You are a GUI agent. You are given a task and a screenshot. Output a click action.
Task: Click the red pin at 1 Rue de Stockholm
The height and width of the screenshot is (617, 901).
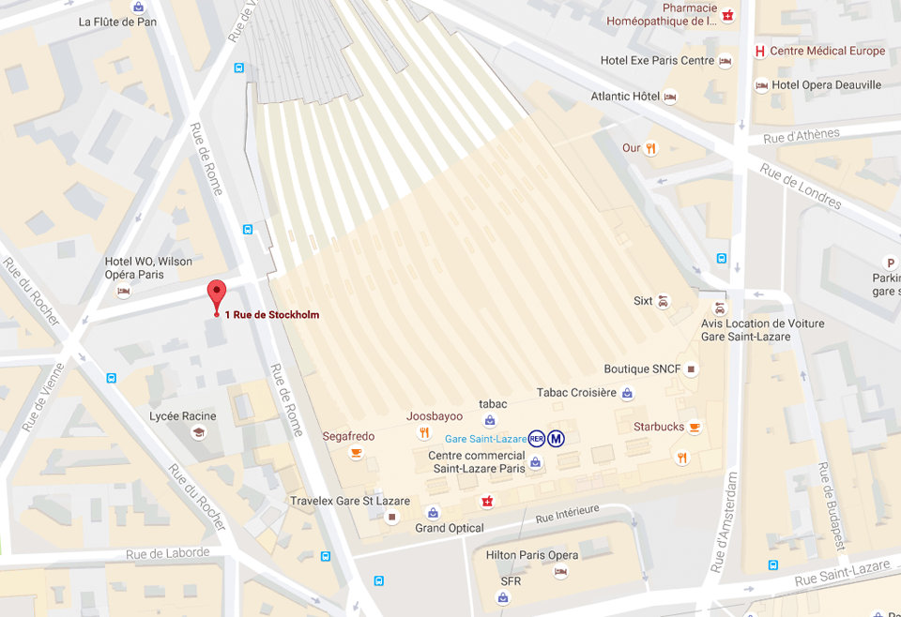(x=217, y=294)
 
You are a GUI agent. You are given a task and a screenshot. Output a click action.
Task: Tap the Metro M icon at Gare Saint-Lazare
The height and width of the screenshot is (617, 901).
(x=557, y=438)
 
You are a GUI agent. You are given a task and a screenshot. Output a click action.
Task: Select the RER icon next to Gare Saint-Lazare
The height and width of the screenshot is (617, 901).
(x=536, y=438)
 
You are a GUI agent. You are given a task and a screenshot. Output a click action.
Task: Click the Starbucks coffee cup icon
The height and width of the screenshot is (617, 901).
(x=695, y=428)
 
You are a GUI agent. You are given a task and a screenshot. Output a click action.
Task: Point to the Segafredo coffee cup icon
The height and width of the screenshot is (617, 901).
(x=356, y=453)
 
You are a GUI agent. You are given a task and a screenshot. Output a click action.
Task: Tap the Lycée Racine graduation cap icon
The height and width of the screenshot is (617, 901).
(x=198, y=432)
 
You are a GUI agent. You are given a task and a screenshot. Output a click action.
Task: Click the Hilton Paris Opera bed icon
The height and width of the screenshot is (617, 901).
(x=561, y=571)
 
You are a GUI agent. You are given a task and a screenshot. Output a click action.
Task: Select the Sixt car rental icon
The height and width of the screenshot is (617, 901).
(x=664, y=301)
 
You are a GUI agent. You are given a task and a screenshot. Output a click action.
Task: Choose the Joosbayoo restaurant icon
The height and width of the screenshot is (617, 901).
(x=424, y=432)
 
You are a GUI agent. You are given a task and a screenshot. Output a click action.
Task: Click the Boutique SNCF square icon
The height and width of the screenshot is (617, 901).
(x=692, y=369)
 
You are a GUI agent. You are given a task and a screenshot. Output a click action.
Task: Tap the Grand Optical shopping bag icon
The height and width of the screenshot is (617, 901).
(x=433, y=512)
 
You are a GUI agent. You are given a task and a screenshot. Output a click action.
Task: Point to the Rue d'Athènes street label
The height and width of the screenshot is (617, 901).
(x=802, y=136)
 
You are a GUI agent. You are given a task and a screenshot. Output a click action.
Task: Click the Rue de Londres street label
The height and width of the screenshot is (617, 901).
(x=801, y=188)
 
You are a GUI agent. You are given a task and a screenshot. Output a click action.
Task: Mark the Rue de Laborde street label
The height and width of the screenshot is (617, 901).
(x=167, y=553)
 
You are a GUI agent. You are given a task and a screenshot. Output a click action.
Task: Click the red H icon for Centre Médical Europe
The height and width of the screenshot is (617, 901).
(x=760, y=51)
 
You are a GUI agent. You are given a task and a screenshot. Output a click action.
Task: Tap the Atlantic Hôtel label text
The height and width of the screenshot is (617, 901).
(x=625, y=97)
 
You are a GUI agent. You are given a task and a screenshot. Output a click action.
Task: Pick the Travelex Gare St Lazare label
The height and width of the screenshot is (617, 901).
(x=349, y=501)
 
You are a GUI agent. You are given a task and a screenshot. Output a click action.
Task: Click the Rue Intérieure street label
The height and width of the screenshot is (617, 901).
(x=567, y=513)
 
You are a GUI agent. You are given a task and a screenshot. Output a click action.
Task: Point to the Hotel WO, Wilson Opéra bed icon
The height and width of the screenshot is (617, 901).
(x=123, y=292)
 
